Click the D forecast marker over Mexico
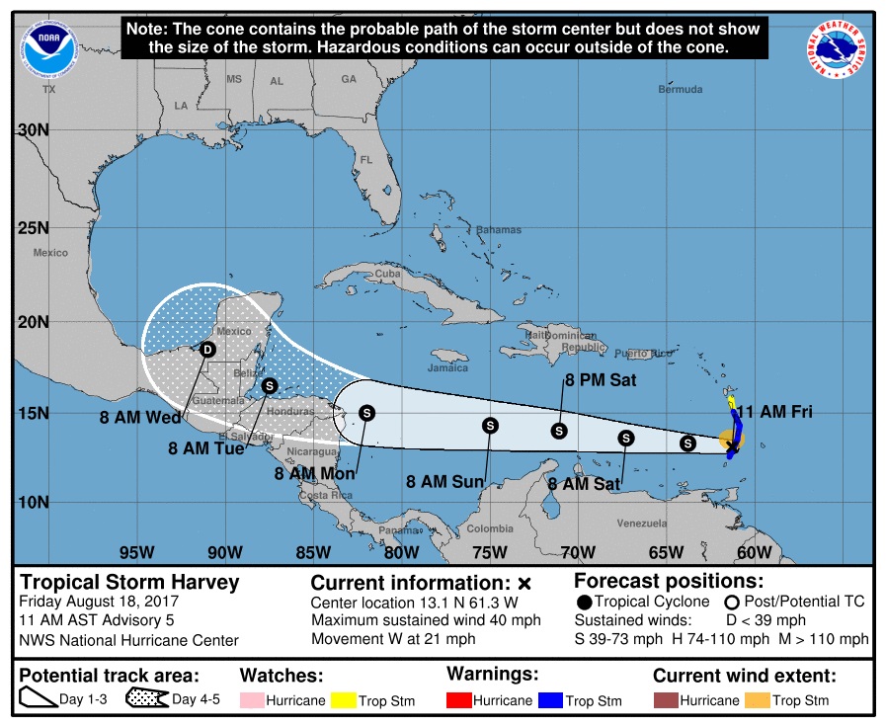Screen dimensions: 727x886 tap(207, 349)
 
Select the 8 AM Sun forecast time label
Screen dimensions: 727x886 tap(445, 482)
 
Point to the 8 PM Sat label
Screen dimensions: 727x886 tap(601, 379)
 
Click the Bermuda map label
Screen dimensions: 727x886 tap(681, 90)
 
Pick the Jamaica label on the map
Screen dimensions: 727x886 tap(447, 368)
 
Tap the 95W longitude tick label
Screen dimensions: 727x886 tap(136, 552)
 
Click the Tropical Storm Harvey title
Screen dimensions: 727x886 tap(130, 582)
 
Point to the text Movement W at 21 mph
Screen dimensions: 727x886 tap(393, 639)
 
